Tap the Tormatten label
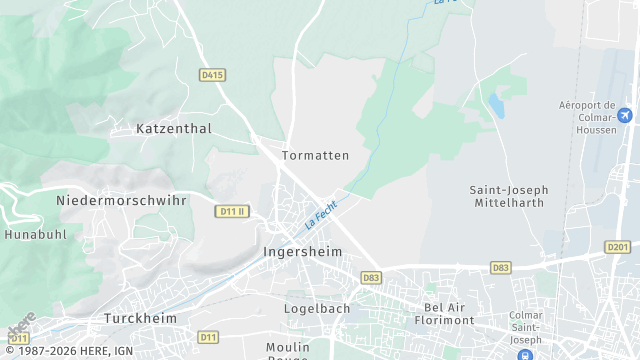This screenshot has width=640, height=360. tap(315, 156)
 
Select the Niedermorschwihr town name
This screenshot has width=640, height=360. tap(122, 200)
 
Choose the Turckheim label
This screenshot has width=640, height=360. tap(141, 318)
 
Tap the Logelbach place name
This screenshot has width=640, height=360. tap(317, 308)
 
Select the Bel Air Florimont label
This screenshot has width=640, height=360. tap(448, 314)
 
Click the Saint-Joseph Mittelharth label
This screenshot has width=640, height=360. tap(506, 196)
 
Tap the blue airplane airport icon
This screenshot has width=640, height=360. tap(626, 116)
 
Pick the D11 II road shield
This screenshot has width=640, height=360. tap(231, 211)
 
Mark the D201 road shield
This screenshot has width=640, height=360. tap(618, 247)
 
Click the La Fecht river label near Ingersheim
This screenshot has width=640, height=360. tap(321, 214)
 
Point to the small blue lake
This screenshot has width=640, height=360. tap(497, 103)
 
